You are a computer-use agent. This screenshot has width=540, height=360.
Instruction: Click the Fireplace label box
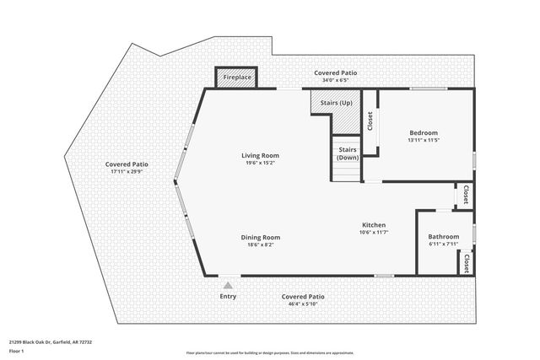click(236, 78)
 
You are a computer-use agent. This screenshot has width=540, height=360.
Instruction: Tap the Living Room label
click(260, 155)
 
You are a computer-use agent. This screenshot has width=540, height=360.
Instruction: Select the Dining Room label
click(260, 237)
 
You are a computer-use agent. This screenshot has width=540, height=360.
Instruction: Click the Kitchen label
click(374, 225)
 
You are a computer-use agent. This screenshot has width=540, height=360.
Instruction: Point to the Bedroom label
click(424, 132)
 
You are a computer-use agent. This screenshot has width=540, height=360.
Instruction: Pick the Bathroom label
click(443, 237)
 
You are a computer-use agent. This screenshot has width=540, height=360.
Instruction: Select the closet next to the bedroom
click(370, 121)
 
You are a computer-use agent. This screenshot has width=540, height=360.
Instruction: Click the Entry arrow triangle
click(228, 286)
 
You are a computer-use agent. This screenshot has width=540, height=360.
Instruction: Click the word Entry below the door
click(228, 297)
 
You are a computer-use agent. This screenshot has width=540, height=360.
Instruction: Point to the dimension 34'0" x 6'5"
click(336, 82)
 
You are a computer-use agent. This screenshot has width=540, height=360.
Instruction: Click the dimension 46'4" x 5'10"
click(303, 305)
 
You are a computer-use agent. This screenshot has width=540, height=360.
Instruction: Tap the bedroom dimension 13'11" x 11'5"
click(424, 141)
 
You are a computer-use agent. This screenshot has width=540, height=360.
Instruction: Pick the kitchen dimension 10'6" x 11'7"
click(374, 233)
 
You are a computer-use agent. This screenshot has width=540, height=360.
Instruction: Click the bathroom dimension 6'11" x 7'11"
click(443, 245)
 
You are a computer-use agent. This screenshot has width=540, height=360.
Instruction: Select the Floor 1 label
click(17, 351)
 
